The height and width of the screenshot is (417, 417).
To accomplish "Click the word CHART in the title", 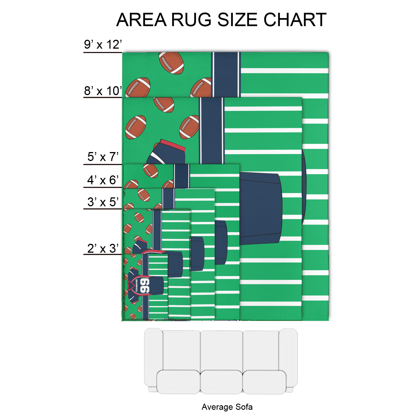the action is point(295,20).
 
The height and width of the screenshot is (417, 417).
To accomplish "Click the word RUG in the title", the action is point(191,20).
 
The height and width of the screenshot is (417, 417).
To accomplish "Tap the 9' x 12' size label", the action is point(103,44).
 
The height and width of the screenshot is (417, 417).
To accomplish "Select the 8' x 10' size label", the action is point(103,91).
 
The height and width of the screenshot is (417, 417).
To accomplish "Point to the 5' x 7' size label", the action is point(103,157).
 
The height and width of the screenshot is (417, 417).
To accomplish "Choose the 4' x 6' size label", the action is point(103,180).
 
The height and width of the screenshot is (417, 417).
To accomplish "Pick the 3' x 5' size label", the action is point(103,202).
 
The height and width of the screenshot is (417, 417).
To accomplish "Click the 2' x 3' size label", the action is point(103,248).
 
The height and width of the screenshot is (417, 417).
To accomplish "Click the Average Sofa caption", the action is point(227,407).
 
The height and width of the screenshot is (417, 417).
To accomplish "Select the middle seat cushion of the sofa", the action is point(221,382).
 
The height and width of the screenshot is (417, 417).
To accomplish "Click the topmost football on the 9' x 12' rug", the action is point(171,63).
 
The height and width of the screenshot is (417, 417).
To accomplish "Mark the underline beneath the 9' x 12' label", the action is point(103,52).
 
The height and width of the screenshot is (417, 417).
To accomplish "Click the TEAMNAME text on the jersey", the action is point(136,286).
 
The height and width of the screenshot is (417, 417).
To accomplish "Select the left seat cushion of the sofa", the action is point(178,382).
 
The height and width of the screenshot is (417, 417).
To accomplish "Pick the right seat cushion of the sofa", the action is point(264,382).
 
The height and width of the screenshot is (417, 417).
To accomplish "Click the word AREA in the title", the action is point(142,20).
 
